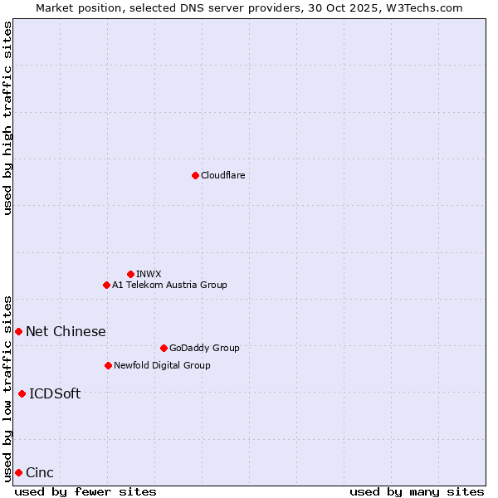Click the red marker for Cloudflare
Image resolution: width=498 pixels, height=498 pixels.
click(195, 175)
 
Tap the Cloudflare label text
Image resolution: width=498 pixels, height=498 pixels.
click(222, 175)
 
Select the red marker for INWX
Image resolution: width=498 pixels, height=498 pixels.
click(130, 274)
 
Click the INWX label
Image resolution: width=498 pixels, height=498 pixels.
click(149, 274)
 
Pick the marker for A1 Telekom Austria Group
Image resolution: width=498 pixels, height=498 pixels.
click(106, 285)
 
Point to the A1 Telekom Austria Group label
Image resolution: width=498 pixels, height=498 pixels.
click(169, 285)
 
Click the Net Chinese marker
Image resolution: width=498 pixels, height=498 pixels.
click(18, 331)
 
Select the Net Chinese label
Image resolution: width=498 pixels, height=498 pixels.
click(66, 331)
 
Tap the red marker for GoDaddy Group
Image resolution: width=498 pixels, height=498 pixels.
click(164, 348)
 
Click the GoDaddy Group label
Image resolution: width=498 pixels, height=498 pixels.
click(203, 348)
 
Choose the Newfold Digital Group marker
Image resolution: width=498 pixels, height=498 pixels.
click(108, 365)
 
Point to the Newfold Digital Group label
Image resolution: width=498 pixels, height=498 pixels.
click(162, 365)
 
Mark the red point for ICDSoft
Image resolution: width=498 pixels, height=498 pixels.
click(22, 393)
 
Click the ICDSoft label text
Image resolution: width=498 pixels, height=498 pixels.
click(55, 393)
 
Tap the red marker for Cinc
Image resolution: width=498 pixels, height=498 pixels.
click(18, 472)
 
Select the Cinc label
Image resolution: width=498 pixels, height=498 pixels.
click(40, 472)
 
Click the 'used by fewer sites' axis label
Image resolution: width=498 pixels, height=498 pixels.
click(85, 491)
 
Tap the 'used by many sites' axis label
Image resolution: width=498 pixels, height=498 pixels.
click(417, 491)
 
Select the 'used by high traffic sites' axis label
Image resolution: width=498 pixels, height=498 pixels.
click(7, 118)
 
